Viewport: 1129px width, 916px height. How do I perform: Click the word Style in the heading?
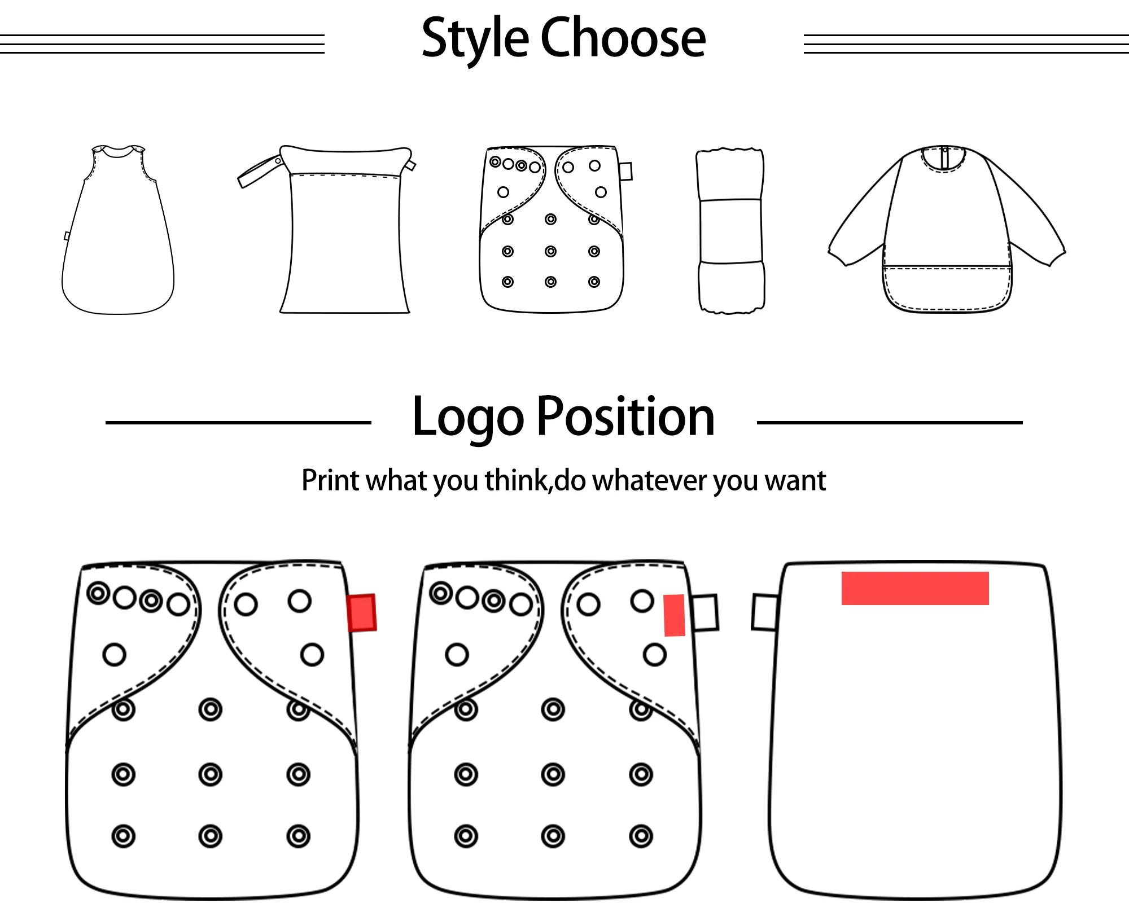tap(475, 38)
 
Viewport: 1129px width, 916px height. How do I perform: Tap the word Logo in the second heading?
tap(468, 418)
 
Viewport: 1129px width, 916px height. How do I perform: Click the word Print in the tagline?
tap(330, 480)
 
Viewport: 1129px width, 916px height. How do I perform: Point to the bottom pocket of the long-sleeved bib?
tap(947, 288)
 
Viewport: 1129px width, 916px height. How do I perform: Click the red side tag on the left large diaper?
tap(362, 612)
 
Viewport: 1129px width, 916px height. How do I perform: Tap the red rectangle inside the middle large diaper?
tap(674, 615)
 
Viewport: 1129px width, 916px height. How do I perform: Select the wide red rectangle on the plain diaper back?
tap(914, 588)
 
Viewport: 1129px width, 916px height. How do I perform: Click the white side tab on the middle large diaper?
tap(705, 612)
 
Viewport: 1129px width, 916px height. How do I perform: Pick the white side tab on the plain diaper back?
tap(765, 612)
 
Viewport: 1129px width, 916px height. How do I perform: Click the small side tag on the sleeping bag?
tap(67, 236)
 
